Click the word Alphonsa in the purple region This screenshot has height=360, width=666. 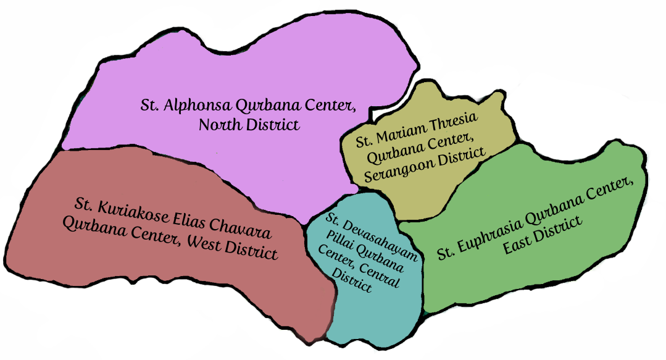coord(188,106)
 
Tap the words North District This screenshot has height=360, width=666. coord(249,124)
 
